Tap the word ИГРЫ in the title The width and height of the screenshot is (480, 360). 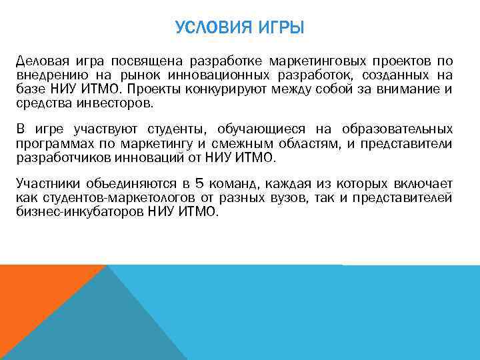pyautogui.click(x=281, y=29)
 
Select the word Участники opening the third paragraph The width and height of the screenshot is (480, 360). pyautogui.click(x=46, y=183)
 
